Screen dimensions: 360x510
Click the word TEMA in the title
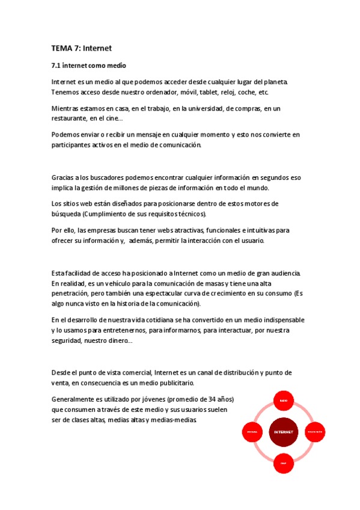pyautogui.click(x=61, y=48)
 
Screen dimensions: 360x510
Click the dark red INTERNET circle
pyautogui.click(x=284, y=432)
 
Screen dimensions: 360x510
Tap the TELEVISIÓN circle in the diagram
pyautogui.click(x=316, y=432)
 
